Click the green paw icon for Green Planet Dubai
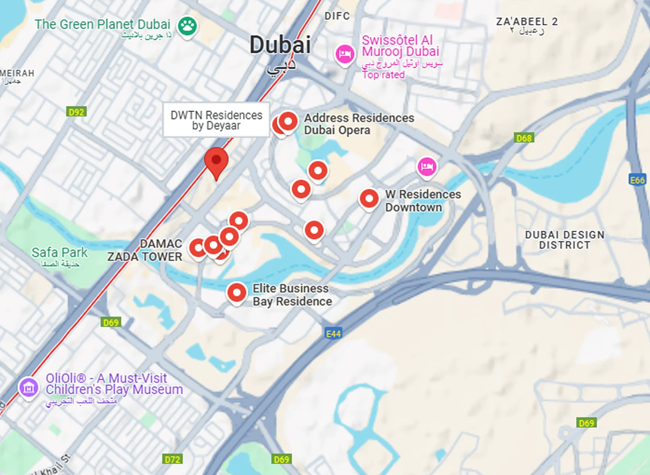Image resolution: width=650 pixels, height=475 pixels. coord(187,26)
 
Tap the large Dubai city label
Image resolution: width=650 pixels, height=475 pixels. coord(280,45)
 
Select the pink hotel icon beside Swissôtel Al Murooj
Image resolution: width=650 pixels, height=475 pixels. coord(345,54)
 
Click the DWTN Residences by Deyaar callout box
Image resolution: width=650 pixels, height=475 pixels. coord(216,120)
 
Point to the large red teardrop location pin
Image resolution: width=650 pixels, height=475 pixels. coord(216,161)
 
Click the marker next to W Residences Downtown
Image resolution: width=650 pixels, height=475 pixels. coord(369,199)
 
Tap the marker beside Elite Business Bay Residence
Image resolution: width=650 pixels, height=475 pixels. coord(237,292)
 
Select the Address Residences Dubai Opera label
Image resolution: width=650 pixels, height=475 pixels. coord(359,124)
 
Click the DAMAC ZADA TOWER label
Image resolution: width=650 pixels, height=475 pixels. coord(145,250)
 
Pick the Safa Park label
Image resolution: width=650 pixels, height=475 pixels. coord(59,253)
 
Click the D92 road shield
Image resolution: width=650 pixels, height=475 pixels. coord(76,112)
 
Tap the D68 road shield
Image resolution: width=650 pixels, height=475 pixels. coord(524,138)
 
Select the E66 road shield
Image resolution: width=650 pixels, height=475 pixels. coord(637,180)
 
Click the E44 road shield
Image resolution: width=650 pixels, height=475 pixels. coord(334,334)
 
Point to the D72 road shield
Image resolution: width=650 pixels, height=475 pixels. coord(173,459)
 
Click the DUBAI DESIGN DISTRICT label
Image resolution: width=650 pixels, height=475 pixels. coord(564,240)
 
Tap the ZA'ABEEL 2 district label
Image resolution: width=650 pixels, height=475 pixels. coord(527,22)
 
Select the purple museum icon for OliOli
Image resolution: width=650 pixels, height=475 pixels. coord(29,388)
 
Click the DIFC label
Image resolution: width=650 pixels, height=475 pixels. coord(337,16)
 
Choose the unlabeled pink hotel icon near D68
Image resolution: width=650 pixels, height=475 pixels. coord(427,166)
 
